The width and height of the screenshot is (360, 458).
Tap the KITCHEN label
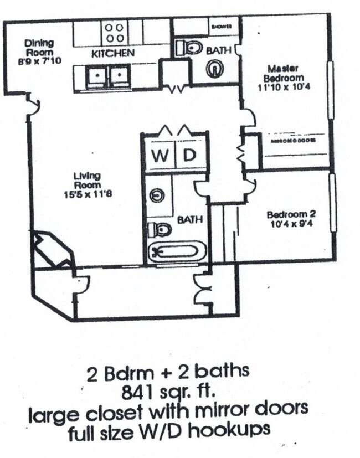point(113,54)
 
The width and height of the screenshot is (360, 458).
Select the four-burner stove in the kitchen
point(114,32)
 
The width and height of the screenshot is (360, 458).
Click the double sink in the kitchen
point(109,75)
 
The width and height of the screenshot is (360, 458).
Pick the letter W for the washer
point(160,156)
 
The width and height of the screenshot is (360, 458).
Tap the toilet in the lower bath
point(161,228)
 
